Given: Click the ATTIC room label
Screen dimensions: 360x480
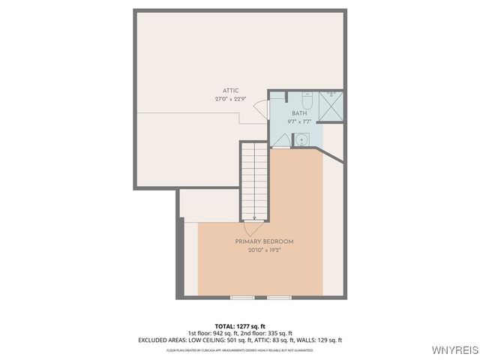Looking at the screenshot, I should tap(230, 91).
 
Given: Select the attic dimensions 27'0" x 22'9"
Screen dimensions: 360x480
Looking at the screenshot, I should tap(230, 99).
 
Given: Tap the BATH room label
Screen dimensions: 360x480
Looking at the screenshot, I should tap(299, 113).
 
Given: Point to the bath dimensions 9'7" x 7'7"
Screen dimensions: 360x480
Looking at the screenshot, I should tap(299, 121).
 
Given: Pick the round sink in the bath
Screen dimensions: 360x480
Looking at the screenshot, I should tap(301, 139).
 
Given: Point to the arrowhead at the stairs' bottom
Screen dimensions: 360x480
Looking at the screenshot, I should tap(255, 217).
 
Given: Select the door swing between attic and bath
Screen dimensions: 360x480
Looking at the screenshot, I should tap(262, 109).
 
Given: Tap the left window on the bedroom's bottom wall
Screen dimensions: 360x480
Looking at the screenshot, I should tap(243, 298).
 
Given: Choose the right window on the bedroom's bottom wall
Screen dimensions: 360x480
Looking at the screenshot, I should tap(279, 298).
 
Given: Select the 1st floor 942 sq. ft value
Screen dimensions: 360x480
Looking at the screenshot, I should tap(212, 332).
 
